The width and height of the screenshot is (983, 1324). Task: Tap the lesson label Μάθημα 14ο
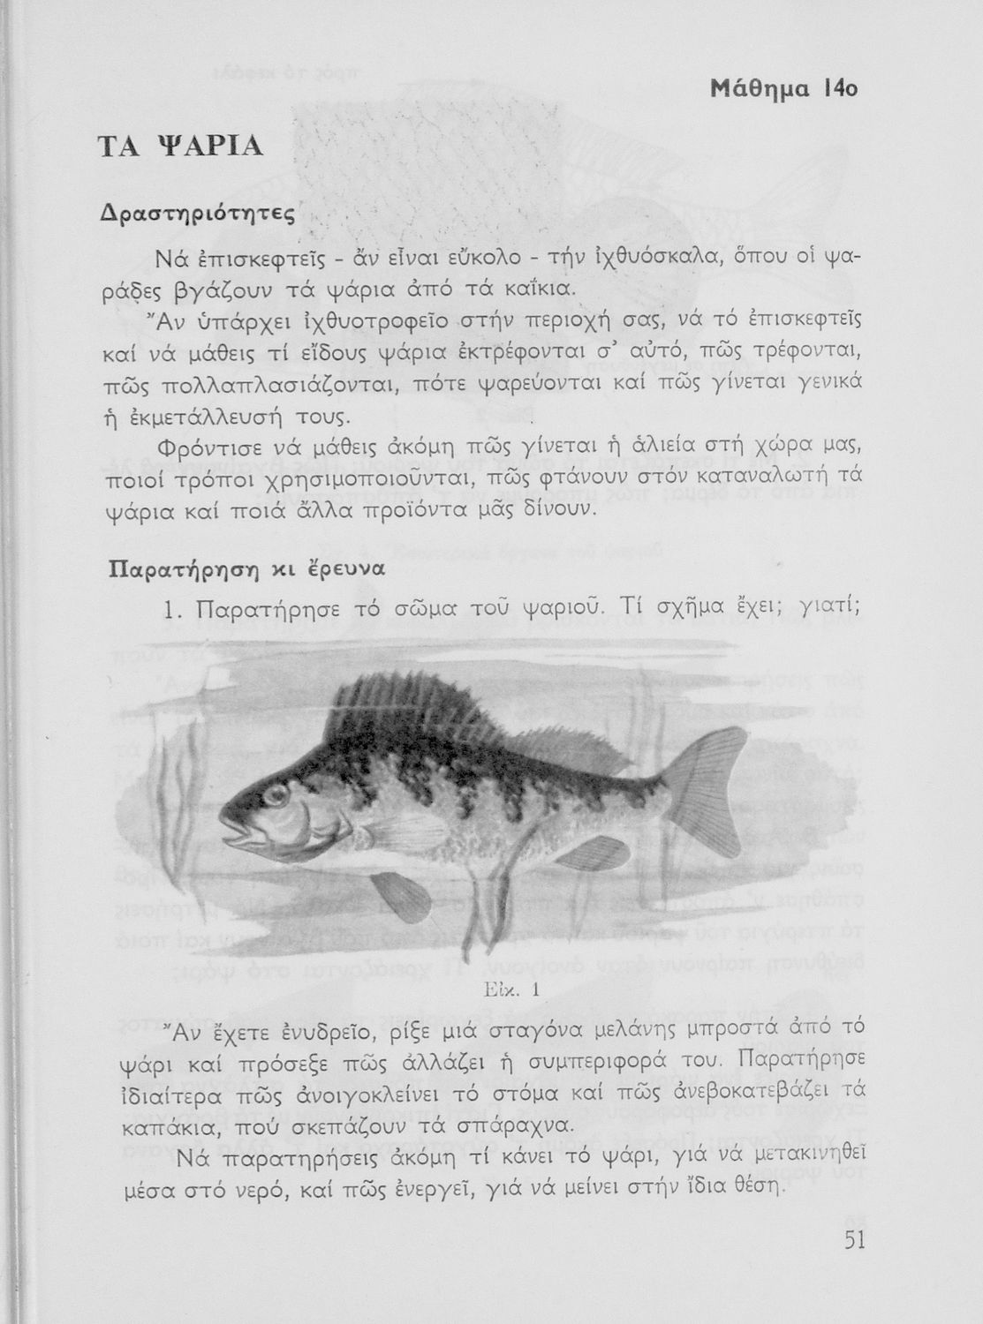click(x=785, y=89)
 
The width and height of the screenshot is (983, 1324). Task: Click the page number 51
click(x=853, y=1240)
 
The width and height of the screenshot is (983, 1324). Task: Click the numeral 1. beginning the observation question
click(x=170, y=611)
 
